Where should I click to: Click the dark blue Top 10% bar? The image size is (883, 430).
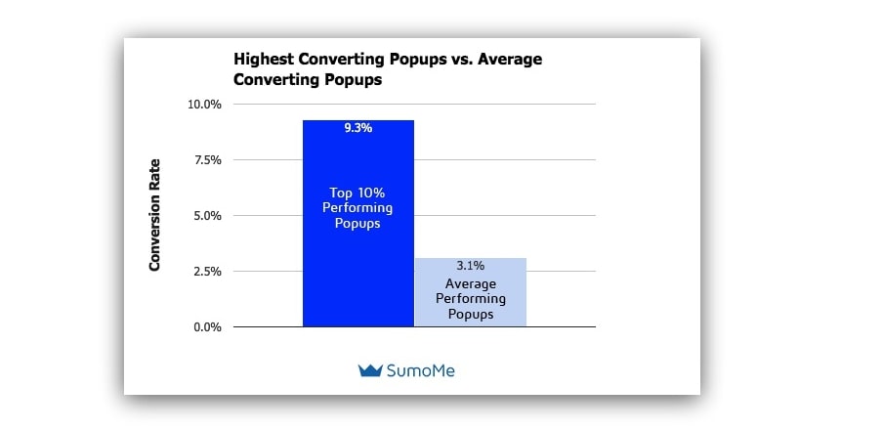tap(358, 223)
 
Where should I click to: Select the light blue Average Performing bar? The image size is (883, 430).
tap(470, 292)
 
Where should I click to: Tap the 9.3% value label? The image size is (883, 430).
tap(358, 128)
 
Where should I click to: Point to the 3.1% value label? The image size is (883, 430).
tap(470, 266)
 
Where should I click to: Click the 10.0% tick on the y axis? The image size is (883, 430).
tap(204, 105)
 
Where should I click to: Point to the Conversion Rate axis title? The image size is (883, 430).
tap(155, 215)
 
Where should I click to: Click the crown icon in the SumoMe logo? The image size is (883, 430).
tap(370, 370)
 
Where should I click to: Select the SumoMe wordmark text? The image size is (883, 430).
tap(420, 370)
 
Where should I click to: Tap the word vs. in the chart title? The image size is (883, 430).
tap(459, 60)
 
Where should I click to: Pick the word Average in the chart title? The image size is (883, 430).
tap(509, 60)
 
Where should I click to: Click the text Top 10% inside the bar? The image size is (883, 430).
tap(357, 193)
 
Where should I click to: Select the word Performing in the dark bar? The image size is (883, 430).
tap(357, 208)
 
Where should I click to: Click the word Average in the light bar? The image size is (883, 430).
tap(470, 284)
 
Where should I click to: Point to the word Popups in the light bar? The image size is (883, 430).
tap(470, 315)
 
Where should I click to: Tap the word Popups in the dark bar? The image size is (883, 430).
tap(357, 224)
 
